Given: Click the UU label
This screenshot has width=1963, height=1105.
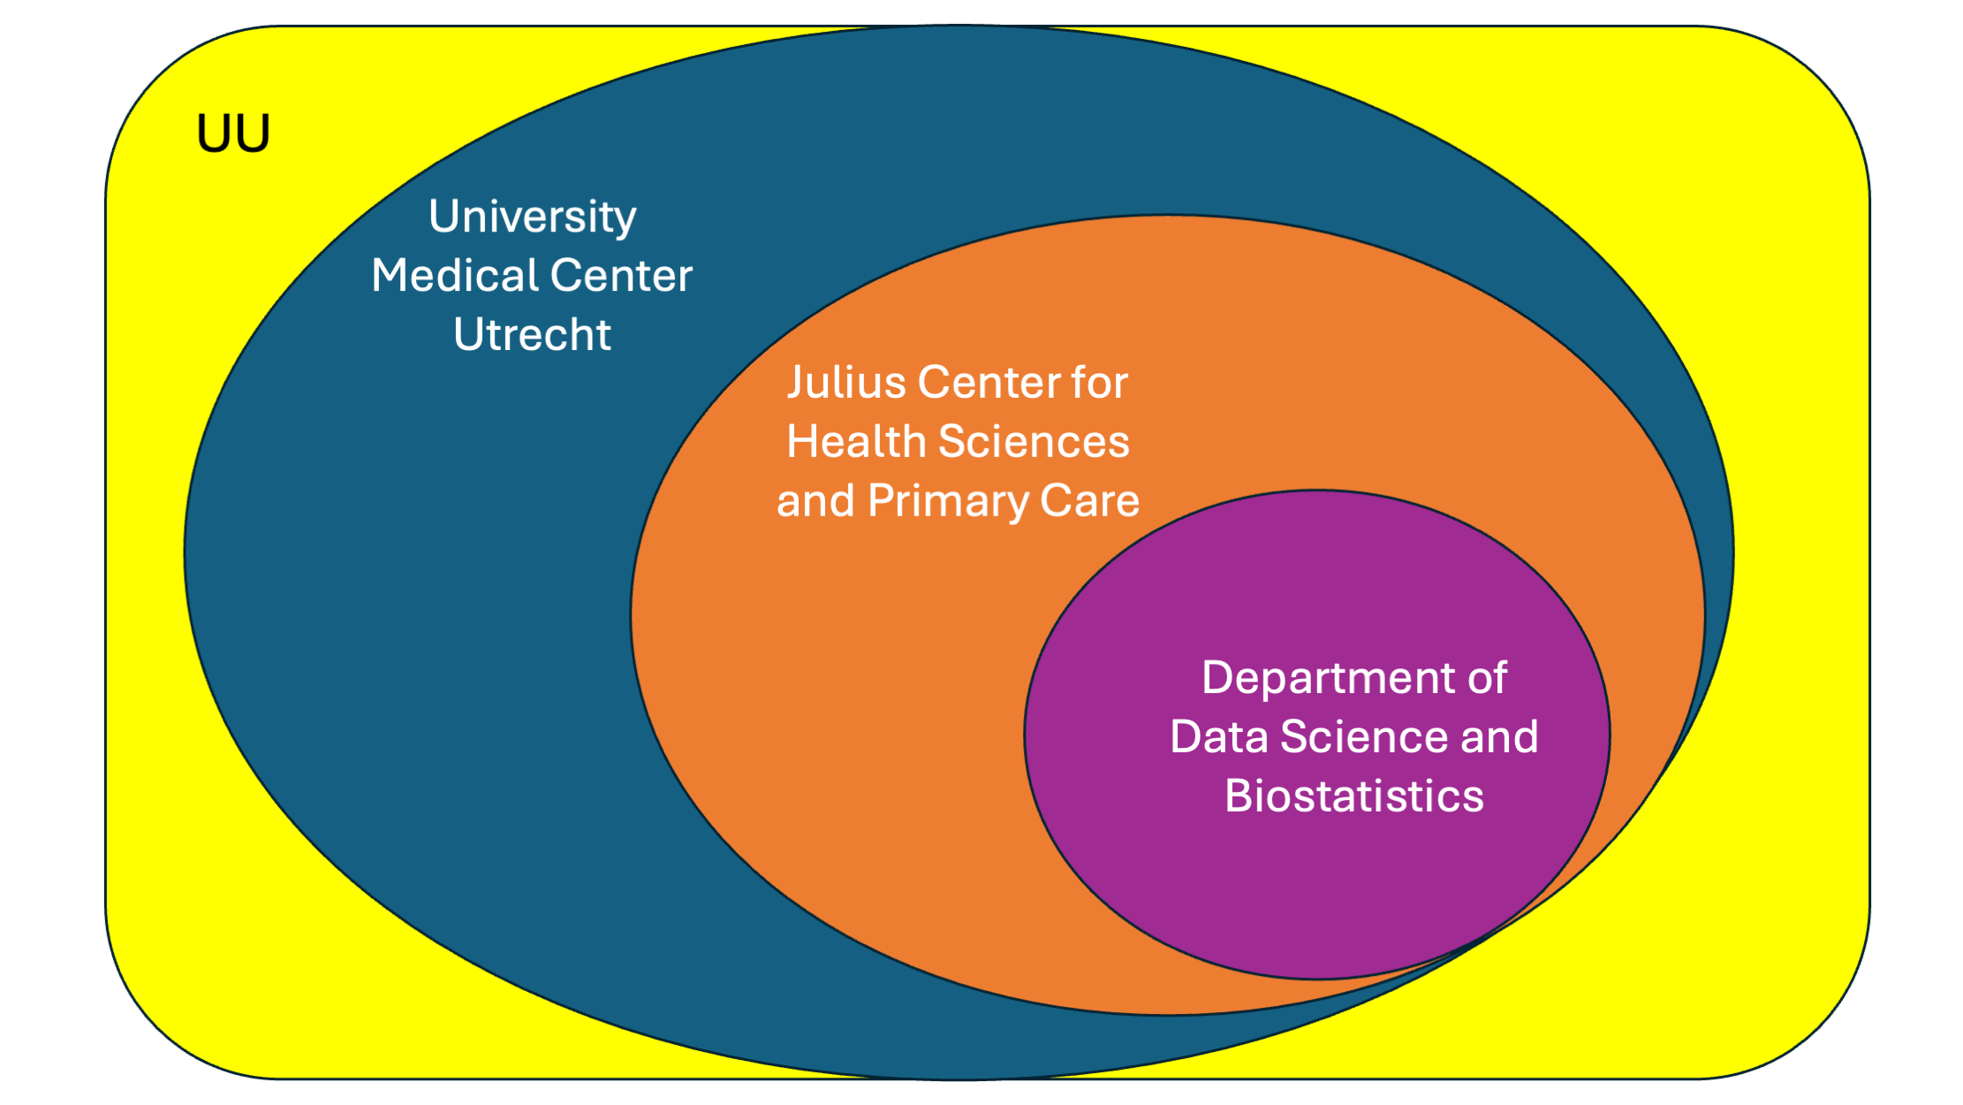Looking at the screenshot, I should (233, 134).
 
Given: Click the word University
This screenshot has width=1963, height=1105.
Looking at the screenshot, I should (532, 217).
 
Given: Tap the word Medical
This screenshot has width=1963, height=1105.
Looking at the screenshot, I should (449, 276).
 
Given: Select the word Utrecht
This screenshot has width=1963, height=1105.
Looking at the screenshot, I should (532, 335).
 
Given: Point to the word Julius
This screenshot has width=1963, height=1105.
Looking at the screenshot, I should (845, 383).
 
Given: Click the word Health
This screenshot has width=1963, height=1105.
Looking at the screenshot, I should (855, 442).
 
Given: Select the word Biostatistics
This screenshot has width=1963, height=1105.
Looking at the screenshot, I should (1353, 796).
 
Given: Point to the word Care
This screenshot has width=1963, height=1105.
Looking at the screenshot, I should (1090, 501).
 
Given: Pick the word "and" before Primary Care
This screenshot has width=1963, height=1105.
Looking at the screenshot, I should (815, 501).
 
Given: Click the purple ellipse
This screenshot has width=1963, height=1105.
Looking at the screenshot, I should (1316, 884).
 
